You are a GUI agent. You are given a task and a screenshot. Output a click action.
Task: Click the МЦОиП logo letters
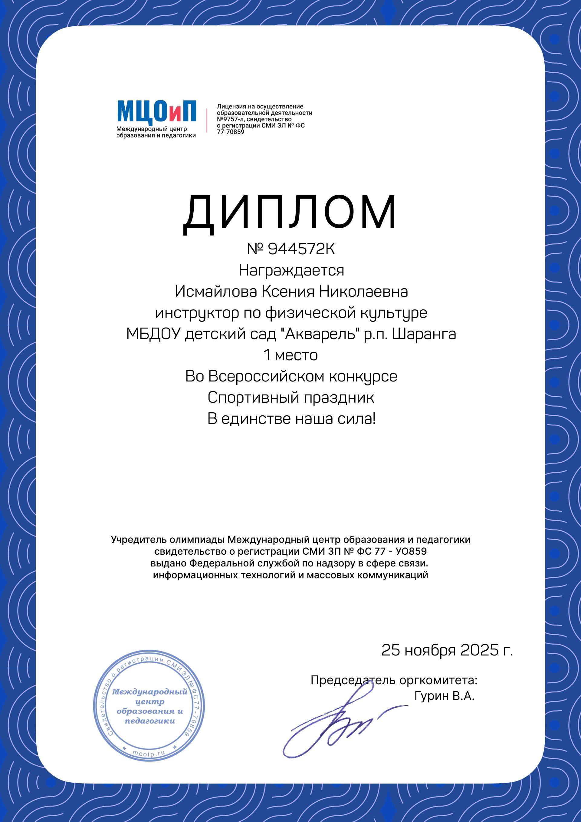[x=156, y=111]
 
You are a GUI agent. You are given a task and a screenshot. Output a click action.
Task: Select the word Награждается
[x=291, y=270]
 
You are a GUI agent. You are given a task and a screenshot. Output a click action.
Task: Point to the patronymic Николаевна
[x=363, y=292]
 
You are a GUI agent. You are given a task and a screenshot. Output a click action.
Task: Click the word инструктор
[x=197, y=313]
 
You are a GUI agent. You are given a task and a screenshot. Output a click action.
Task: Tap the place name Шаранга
[x=424, y=334]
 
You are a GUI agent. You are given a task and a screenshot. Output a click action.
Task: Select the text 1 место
[x=290, y=355]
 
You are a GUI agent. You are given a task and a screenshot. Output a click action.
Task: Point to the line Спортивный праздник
[x=290, y=398]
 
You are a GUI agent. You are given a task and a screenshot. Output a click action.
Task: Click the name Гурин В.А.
[x=444, y=696]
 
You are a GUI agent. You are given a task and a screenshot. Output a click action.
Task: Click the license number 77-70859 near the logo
[x=230, y=132]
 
